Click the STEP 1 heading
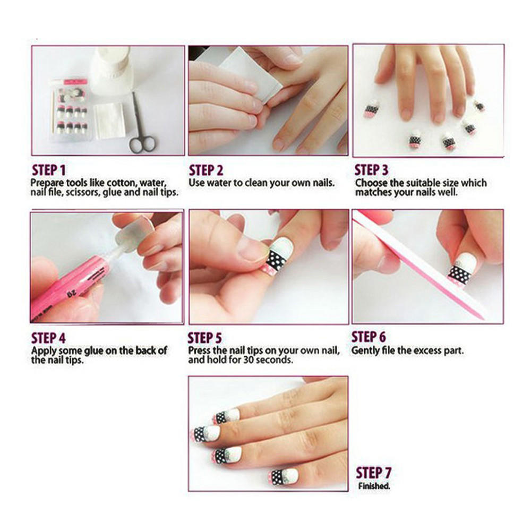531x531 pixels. point(49,170)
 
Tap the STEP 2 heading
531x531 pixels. point(206,170)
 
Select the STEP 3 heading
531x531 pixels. point(371,170)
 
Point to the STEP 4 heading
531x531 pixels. point(48,338)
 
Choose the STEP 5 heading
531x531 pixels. point(205,338)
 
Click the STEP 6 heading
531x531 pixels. point(369,337)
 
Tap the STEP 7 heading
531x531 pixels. point(373,473)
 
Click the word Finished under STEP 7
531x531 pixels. point(374,486)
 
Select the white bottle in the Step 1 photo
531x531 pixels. point(110,71)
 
